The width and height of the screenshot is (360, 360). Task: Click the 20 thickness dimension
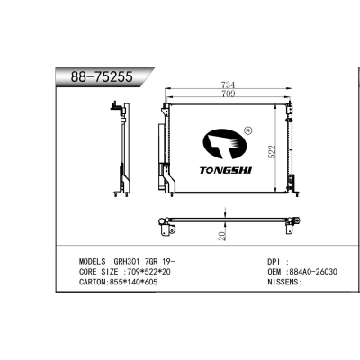coord(221,236)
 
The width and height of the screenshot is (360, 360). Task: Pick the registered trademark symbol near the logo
coord(246,129)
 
